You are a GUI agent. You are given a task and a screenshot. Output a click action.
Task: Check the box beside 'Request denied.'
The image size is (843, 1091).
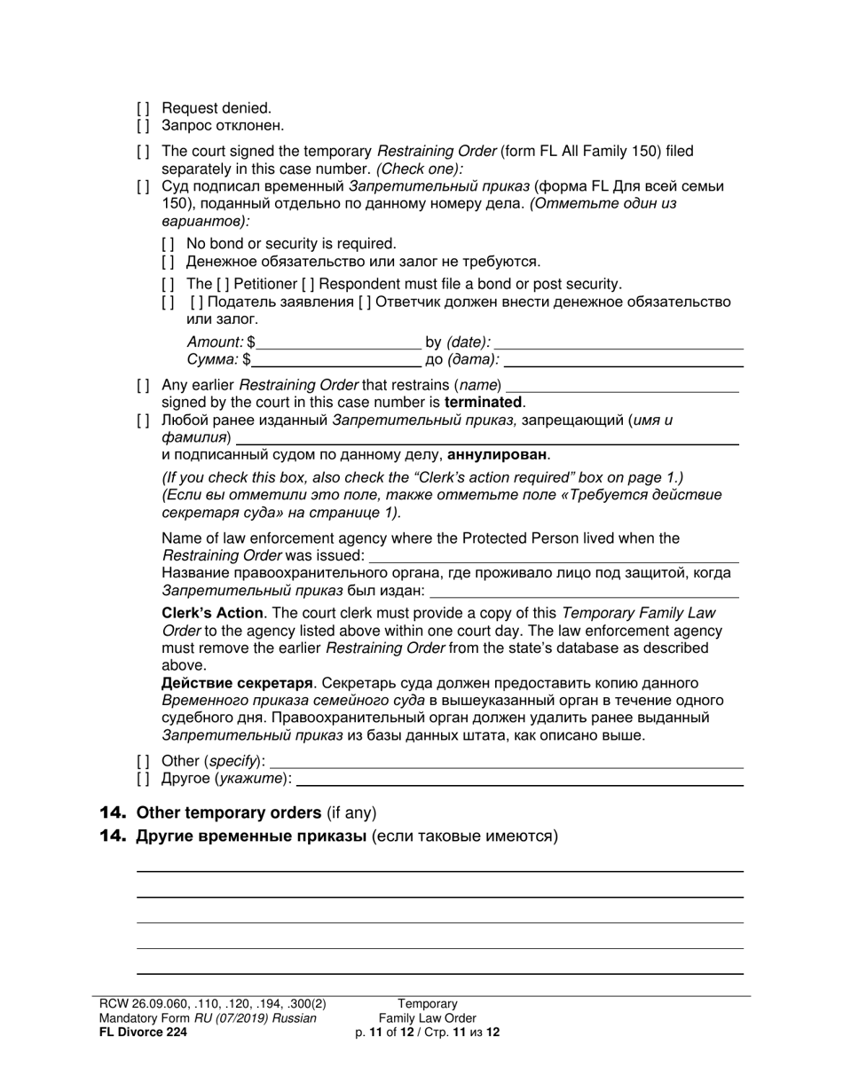tap(143, 108)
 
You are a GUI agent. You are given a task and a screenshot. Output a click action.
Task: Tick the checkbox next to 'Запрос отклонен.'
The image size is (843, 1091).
tap(143, 126)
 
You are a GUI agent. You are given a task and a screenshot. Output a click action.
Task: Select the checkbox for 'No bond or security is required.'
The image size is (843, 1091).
tap(168, 244)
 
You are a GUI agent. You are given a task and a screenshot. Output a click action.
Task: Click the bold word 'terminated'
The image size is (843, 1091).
tap(485, 403)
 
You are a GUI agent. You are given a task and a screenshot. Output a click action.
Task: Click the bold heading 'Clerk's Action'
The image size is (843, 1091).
tap(212, 613)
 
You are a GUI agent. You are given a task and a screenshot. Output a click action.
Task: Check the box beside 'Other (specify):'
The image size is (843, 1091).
tap(143, 761)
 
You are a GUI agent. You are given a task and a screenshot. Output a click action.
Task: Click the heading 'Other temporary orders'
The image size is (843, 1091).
tap(229, 812)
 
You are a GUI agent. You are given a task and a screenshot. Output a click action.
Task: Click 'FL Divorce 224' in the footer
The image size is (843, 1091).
tap(143, 1032)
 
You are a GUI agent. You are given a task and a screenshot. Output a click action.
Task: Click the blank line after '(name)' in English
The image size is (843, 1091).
tap(621, 386)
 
